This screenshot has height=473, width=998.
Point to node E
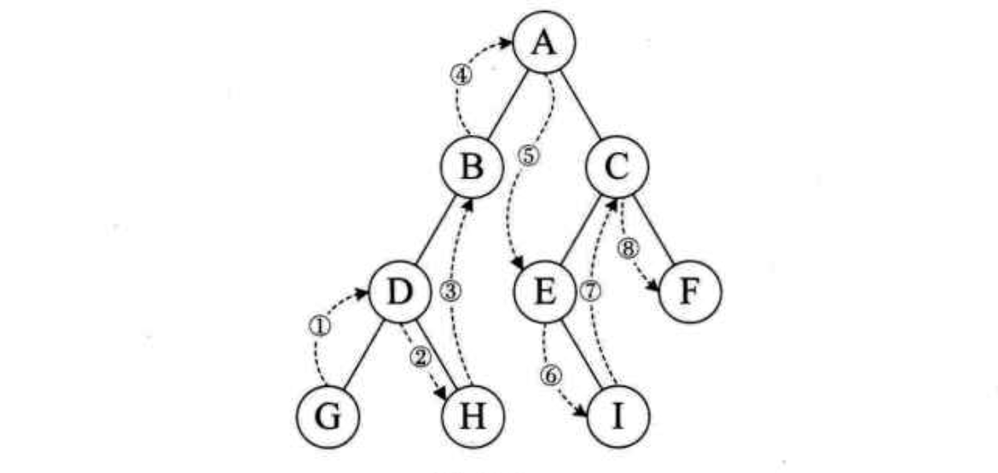click(544, 291)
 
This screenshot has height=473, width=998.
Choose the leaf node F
click(691, 291)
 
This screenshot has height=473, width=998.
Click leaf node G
click(326, 418)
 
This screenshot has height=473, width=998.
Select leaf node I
click(618, 418)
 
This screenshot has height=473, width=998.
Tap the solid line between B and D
click(435, 229)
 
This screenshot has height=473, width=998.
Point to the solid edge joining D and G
click(363, 354)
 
